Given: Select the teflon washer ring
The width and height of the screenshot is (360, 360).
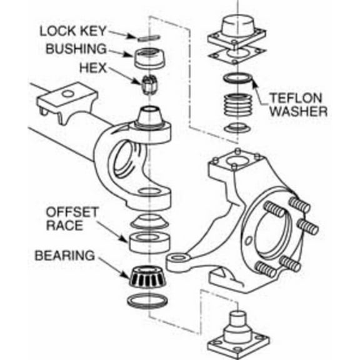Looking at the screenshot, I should click(237, 79).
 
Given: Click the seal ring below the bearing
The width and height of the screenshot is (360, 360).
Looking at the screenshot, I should click(151, 300).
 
